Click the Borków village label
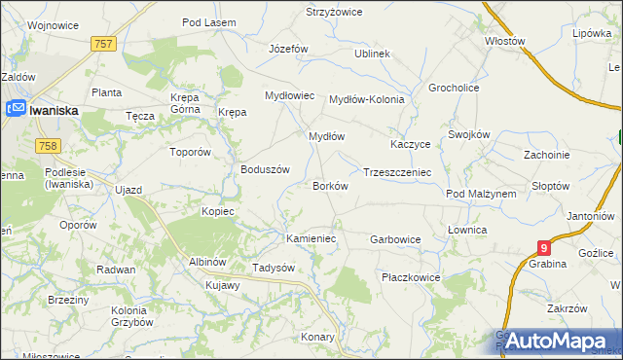click(x=329, y=185)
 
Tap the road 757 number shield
click(x=105, y=45)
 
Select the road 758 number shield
click(x=46, y=146)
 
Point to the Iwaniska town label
click(x=54, y=111)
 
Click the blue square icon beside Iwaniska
click(x=17, y=111)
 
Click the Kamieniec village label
click(x=311, y=237)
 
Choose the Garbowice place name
click(x=395, y=238)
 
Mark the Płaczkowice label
click(x=411, y=277)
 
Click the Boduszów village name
click(x=266, y=168)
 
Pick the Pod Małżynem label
click(x=481, y=194)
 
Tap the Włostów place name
click(x=505, y=42)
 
